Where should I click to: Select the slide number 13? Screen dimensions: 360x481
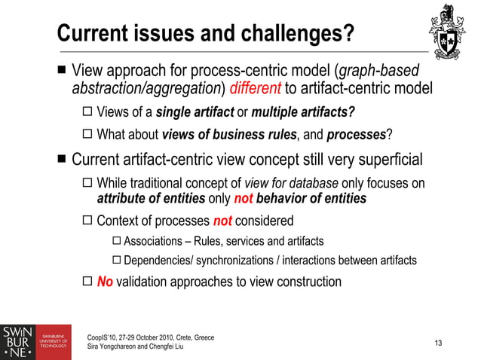coord(439,343)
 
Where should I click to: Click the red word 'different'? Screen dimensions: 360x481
coord(256,90)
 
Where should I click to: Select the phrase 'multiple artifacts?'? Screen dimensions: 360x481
coord(304,114)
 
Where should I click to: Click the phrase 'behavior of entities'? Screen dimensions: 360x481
coord(311,199)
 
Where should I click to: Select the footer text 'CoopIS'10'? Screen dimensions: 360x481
coord(106,337)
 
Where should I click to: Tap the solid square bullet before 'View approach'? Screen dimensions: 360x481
coord(61,73)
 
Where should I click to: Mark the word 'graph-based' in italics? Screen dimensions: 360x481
coord(379,73)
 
